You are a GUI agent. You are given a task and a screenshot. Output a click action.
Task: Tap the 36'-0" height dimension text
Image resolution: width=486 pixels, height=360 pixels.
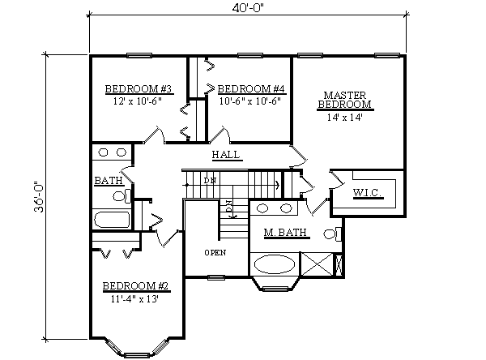tap(38, 196)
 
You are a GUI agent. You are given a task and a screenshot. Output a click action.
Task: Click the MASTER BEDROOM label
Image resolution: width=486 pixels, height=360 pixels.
tap(344, 100)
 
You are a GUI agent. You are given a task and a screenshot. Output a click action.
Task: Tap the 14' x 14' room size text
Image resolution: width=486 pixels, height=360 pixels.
tap(343, 117)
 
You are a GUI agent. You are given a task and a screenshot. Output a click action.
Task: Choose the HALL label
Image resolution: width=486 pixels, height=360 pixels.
tap(226, 154)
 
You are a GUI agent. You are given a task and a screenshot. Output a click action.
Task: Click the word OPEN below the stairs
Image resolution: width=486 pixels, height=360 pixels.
tap(215, 252)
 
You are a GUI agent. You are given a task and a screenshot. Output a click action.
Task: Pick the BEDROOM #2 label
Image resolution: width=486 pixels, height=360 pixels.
tap(134, 285)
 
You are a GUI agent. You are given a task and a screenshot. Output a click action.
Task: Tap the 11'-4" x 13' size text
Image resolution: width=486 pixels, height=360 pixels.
tap(134, 298)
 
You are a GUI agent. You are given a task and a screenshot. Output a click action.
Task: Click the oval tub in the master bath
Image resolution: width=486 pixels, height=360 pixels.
tap(275, 264)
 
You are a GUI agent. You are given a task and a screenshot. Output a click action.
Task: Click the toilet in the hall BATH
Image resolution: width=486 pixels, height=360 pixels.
tap(120, 195)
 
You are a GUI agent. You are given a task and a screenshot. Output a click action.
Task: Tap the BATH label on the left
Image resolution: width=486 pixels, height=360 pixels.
tap(105, 180)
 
